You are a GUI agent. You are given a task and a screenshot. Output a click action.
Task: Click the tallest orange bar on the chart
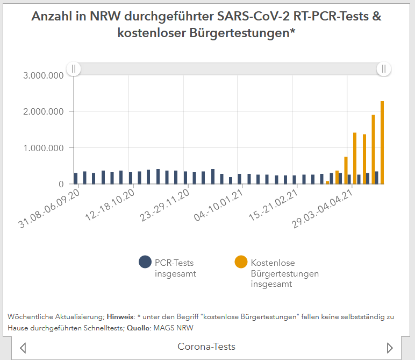tap(382, 143)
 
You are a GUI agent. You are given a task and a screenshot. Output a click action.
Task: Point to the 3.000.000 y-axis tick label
tap(42, 75)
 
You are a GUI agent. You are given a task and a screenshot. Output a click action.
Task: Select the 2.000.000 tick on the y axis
tap(42, 111)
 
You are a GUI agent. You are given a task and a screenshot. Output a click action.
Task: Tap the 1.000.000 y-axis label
tap(42, 148)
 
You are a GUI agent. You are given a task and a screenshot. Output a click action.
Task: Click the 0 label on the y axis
tap(61, 184)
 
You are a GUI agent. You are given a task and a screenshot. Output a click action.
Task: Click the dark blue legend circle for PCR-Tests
tap(145, 262)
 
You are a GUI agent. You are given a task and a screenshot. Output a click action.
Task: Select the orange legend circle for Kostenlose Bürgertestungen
tap(241, 262)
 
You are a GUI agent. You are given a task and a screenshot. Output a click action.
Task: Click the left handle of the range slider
tap(74, 69)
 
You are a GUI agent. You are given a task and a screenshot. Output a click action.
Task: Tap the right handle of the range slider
tap(384, 69)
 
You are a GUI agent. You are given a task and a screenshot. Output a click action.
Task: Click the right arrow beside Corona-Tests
tap(390, 348)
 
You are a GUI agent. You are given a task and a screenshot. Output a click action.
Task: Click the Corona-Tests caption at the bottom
tap(206, 347)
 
